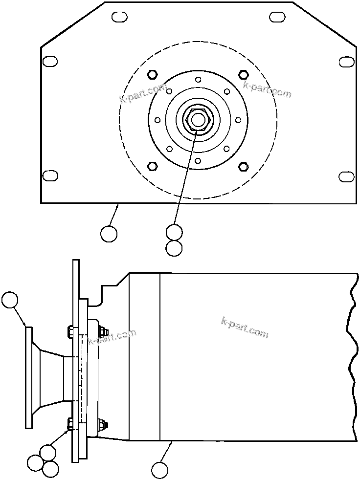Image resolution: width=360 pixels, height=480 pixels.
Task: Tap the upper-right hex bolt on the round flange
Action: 243,74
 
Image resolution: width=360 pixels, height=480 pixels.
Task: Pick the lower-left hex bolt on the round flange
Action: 152,166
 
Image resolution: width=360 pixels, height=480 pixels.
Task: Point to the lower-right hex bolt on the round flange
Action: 243,167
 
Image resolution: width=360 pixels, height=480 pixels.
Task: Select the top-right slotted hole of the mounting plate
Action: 277,17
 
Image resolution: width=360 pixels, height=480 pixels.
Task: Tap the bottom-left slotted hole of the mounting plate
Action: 50,175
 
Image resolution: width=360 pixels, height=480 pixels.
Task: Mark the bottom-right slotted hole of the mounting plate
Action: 347,176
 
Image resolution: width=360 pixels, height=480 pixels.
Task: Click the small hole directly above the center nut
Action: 198,80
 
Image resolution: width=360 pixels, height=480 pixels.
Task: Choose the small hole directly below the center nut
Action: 198,160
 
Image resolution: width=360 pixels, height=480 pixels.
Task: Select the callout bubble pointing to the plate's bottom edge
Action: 109,234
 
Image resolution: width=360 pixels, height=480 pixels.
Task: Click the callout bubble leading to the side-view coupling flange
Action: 10,300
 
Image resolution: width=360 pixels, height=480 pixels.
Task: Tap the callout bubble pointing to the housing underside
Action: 159,470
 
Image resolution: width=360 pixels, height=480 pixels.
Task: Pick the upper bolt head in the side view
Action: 69,331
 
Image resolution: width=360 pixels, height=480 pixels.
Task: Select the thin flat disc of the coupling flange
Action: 29,377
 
